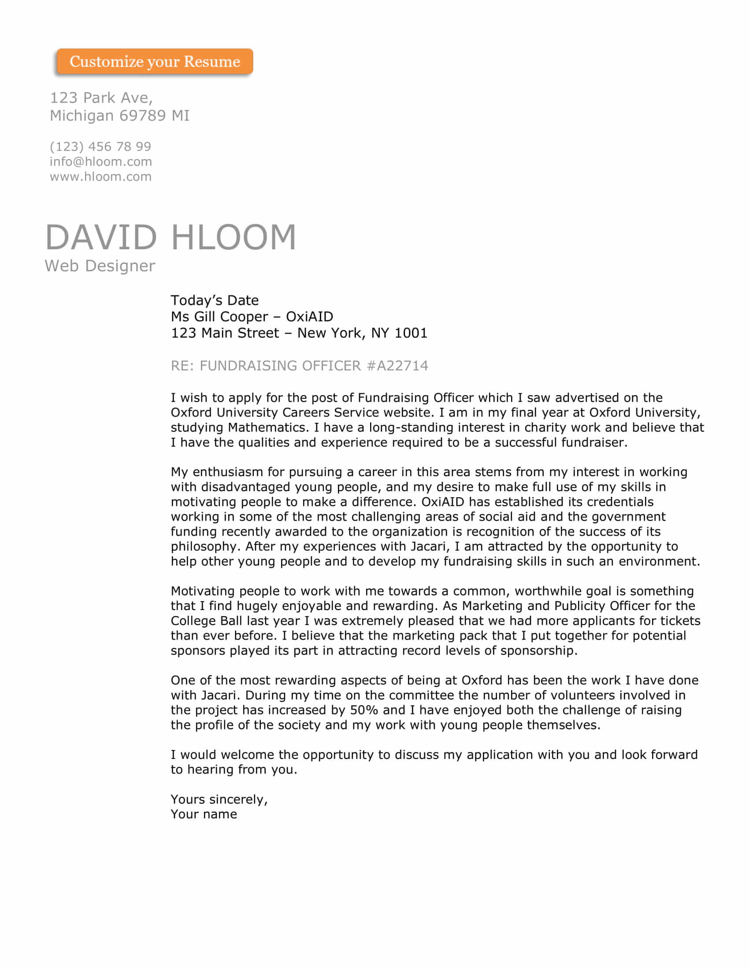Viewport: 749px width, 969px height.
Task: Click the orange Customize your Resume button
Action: [154, 61]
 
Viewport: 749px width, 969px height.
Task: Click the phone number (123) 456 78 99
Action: [100, 146]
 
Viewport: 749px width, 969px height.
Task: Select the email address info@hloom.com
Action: [101, 162]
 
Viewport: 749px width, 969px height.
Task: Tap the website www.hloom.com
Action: [101, 177]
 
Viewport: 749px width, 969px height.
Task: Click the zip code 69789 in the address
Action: [142, 116]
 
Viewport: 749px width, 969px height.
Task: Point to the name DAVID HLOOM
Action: [171, 237]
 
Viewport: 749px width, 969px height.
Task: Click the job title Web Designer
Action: [100, 266]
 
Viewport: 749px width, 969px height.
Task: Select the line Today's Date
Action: [214, 300]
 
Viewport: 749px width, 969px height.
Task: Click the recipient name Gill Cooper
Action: [231, 317]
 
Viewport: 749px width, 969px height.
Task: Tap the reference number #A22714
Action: [397, 366]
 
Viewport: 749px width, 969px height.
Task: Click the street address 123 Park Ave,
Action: [101, 98]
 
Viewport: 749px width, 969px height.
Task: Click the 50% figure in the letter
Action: [364, 710]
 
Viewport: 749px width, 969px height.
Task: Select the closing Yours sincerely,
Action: [219, 799]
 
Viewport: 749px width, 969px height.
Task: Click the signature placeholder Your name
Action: [204, 814]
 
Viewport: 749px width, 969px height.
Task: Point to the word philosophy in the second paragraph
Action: [204, 547]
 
